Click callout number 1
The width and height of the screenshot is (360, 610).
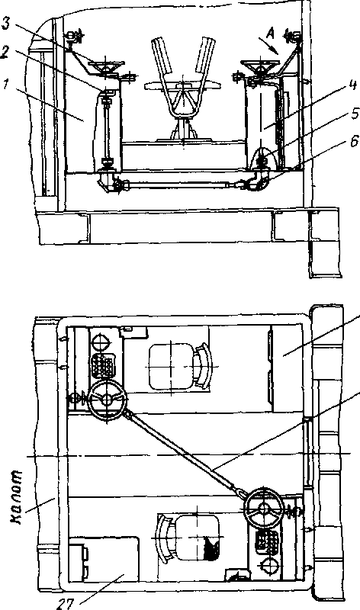click(6, 85)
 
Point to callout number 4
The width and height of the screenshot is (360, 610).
click(353, 85)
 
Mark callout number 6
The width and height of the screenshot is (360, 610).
click(354, 142)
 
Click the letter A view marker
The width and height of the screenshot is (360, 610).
click(270, 34)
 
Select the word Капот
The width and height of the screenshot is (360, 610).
click(18, 497)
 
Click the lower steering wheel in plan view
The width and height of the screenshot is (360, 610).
click(264, 508)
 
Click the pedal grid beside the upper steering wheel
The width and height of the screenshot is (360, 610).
click(101, 366)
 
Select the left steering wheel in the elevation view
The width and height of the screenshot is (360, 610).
click(106, 67)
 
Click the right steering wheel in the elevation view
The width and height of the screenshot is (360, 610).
click(259, 67)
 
